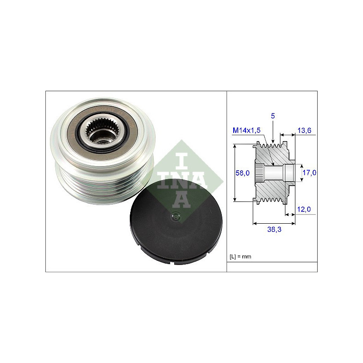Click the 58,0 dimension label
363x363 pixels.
pyautogui.click(x=242, y=173)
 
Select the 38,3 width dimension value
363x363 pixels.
pyautogui.click(x=274, y=229)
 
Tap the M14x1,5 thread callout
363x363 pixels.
pyautogui.click(x=246, y=130)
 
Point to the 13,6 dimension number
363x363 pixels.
pyautogui.click(x=304, y=130)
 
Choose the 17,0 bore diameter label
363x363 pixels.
pyautogui.click(x=309, y=172)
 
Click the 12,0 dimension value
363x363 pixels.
pyautogui.click(x=304, y=209)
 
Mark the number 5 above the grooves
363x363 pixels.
pyautogui.click(x=273, y=116)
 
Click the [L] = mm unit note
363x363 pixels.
pyautogui.click(x=240, y=256)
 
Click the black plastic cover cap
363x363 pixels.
pyautogui.click(x=176, y=222)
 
